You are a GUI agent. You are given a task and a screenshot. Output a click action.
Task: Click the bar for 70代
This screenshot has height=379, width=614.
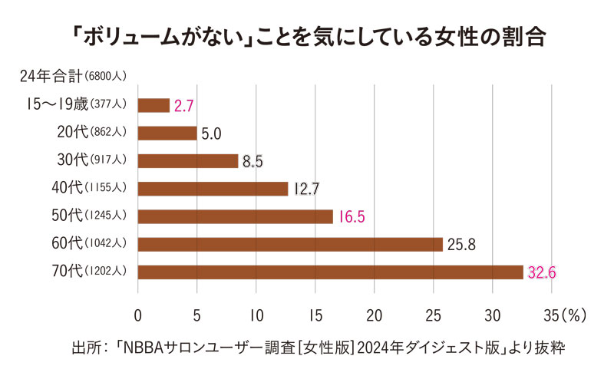330,272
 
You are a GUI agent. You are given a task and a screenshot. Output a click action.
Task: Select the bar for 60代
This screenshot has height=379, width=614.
290,244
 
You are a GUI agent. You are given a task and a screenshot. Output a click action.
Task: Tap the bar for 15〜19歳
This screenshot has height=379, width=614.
153,105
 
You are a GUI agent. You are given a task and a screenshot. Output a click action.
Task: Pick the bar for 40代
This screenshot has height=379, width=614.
213,188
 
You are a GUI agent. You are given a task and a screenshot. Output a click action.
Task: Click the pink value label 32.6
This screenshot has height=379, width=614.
540,272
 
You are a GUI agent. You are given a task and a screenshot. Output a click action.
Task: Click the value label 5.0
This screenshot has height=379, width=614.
211,133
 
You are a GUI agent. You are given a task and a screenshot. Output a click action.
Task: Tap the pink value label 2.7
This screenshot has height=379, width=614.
183,106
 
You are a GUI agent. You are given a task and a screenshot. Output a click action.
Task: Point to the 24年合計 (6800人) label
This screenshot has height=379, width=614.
73,77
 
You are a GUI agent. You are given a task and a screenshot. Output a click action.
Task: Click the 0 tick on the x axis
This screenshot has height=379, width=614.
138,315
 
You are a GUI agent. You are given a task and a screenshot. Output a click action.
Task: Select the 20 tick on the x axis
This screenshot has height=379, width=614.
375,315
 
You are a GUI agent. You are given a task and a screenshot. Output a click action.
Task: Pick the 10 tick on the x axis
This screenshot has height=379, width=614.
256,315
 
